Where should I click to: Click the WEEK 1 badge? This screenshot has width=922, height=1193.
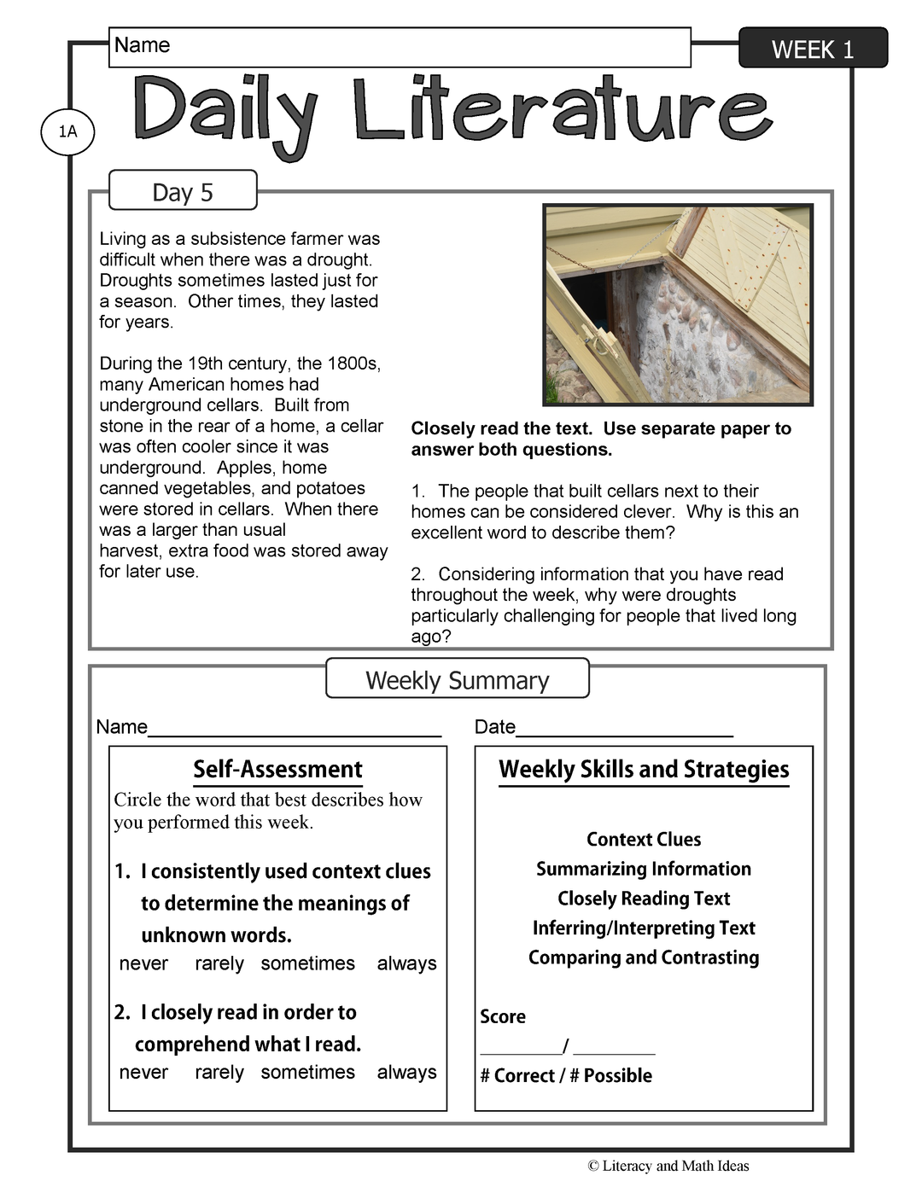812,49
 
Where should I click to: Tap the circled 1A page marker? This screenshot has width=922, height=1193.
67,131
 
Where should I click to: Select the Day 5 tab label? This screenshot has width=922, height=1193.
183,192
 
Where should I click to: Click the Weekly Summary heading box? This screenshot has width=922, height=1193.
458,680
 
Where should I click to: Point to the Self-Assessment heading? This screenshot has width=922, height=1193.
277,769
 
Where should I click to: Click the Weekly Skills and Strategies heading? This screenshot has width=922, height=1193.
644,769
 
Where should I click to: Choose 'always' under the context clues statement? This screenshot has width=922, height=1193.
406,963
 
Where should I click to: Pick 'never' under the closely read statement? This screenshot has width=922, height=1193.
143,1073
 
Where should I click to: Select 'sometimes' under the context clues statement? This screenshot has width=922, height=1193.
307,963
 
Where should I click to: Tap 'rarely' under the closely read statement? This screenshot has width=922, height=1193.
219,1073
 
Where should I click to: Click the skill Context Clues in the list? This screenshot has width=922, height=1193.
644,839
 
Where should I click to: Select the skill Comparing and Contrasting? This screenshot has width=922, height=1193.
644,957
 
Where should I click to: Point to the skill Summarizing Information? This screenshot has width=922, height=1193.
644,869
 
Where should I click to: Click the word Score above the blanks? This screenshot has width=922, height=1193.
503,1016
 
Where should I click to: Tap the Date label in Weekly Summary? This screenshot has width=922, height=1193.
495,727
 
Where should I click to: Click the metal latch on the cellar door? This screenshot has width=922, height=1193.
601,341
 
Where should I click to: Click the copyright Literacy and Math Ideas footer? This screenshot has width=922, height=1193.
668,1166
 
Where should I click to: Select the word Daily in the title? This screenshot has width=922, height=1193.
224,111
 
